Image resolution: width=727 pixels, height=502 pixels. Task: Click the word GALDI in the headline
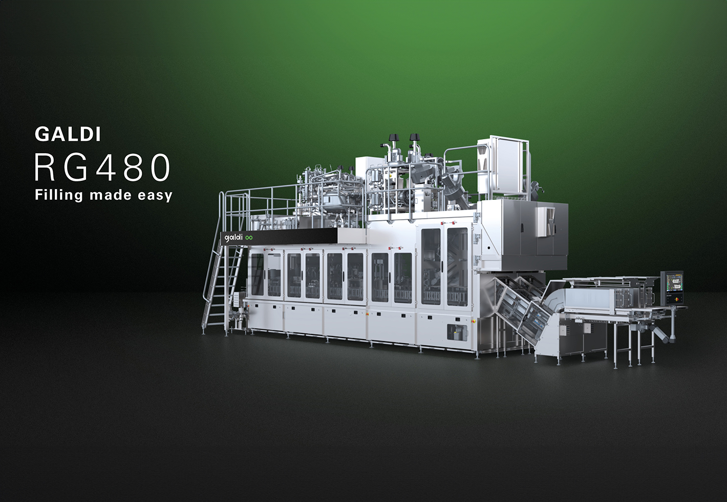click(x=68, y=134)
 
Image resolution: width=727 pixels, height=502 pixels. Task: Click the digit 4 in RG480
click(x=106, y=168)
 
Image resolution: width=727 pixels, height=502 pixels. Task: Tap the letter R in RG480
click(x=45, y=168)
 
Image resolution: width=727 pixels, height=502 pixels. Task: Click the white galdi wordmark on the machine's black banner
click(x=233, y=238)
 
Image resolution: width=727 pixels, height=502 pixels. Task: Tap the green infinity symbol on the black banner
click(x=249, y=238)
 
